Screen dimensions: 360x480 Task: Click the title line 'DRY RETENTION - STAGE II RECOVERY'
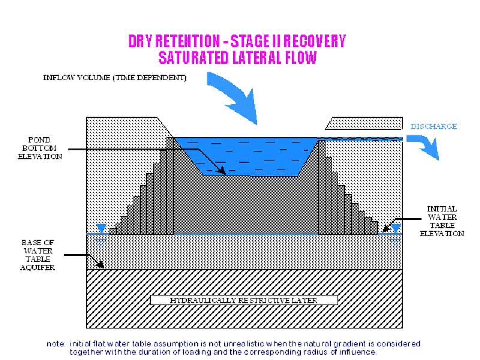(x=237, y=41)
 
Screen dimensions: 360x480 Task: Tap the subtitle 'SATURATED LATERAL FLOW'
(x=237, y=58)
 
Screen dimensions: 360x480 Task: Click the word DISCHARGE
(x=433, y=127)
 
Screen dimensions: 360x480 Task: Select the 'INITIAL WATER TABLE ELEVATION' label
(x=445, y=221)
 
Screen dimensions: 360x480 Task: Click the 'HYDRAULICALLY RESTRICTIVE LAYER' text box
(x=244, y=299)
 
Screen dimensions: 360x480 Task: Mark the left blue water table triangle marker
(x=101, y=229)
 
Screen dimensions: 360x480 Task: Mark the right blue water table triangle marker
(x=396, y=229)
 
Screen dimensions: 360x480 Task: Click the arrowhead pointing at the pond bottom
(x=223, y=171)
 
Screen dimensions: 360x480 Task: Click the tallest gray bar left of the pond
(x=170, y=186)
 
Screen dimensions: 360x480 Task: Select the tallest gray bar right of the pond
(x=322, y=186)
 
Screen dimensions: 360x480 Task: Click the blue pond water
(x=246, y=153)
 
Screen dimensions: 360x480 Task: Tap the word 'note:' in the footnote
(x=56, y=343)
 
